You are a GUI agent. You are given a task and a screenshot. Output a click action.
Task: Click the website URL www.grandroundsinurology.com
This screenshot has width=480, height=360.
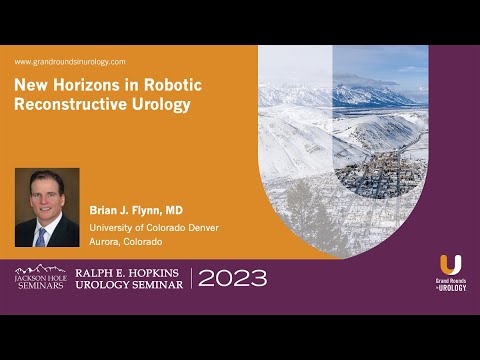point(70,62)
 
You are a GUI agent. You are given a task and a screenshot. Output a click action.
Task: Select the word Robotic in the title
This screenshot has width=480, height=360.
point(162,87)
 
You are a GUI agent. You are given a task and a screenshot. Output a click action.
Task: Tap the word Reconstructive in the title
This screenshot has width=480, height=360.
point(68,104)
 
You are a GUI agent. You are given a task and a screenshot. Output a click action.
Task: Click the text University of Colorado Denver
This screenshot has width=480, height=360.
point(154,227)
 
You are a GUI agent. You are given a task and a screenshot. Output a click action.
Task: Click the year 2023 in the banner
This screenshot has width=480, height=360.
point(232,278)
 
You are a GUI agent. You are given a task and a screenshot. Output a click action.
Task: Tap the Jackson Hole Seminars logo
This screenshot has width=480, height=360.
point(39,277)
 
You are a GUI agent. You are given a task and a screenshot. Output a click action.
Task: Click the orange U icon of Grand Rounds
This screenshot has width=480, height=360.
point(451,265)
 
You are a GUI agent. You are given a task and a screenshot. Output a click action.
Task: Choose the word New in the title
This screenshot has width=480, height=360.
point(29,87)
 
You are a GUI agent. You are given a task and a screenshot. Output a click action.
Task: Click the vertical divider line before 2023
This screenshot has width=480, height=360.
point(191,278)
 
